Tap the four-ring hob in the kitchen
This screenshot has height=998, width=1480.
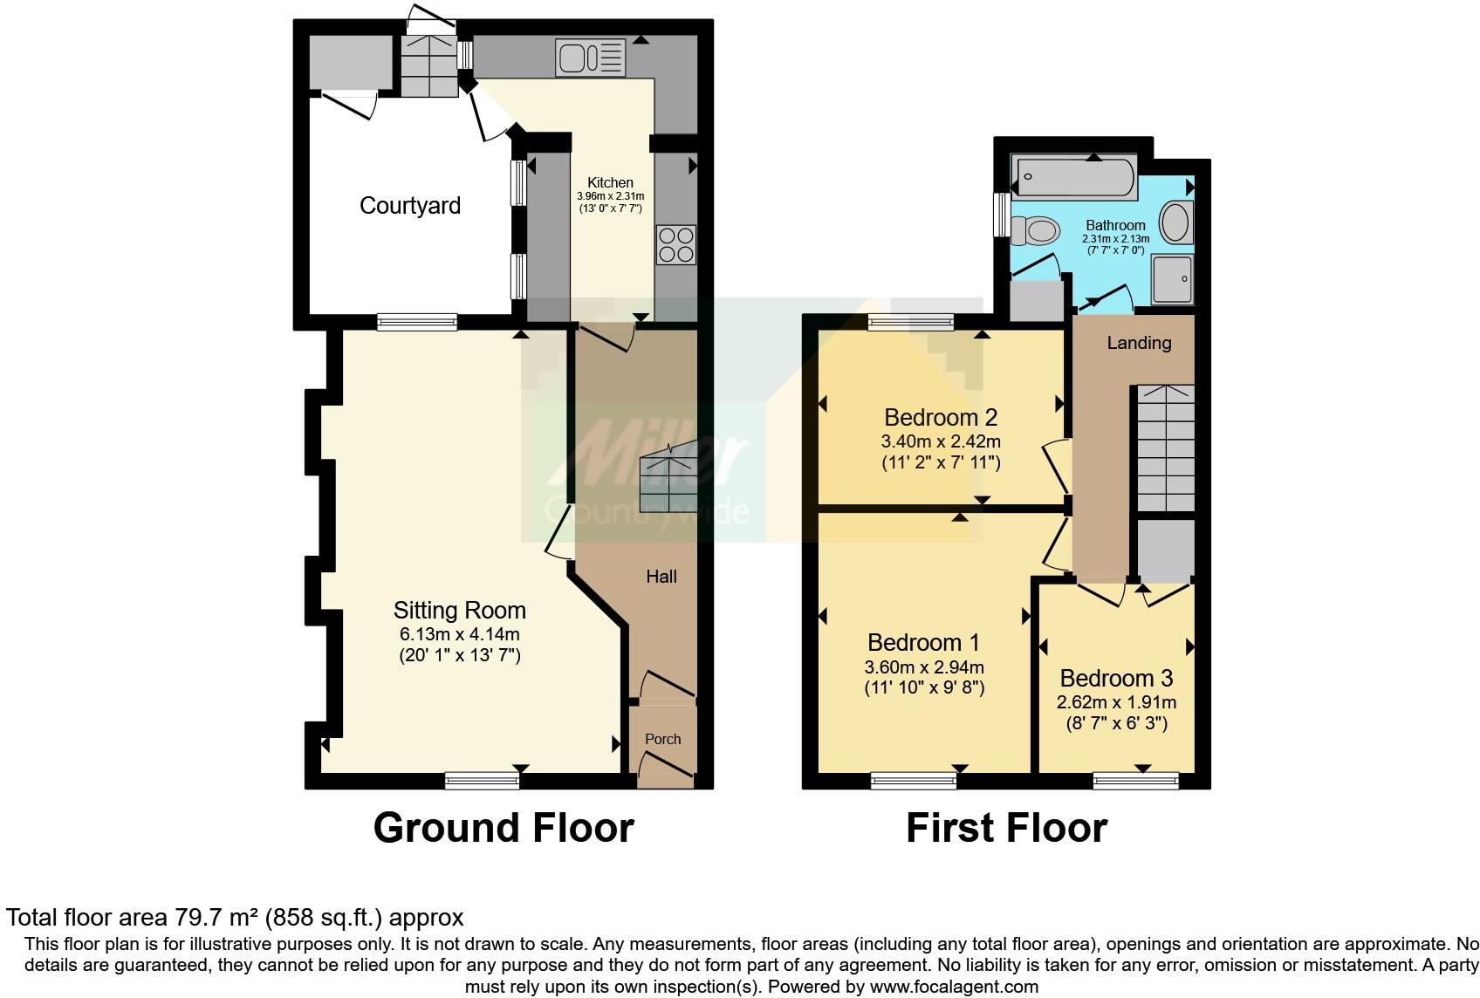(676, 244)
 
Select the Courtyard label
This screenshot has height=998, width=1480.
(409, 206)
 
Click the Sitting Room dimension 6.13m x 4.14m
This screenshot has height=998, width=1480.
(459, 634)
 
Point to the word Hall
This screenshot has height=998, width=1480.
(661, 577)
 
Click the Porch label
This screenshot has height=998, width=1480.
(662, 739)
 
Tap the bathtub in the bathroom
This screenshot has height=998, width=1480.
(1072, 177)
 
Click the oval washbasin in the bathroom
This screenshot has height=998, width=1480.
(1177, 222)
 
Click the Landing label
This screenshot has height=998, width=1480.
(1139, 343)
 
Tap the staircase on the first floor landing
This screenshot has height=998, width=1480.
(1165, 449)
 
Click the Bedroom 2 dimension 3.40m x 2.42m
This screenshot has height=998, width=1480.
(941, 441)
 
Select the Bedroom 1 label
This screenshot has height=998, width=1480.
(923, 643)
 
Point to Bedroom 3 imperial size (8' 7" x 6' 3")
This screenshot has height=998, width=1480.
(1116, 723)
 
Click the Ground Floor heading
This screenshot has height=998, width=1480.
(504, 828)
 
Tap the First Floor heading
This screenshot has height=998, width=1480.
(1006, 828)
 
